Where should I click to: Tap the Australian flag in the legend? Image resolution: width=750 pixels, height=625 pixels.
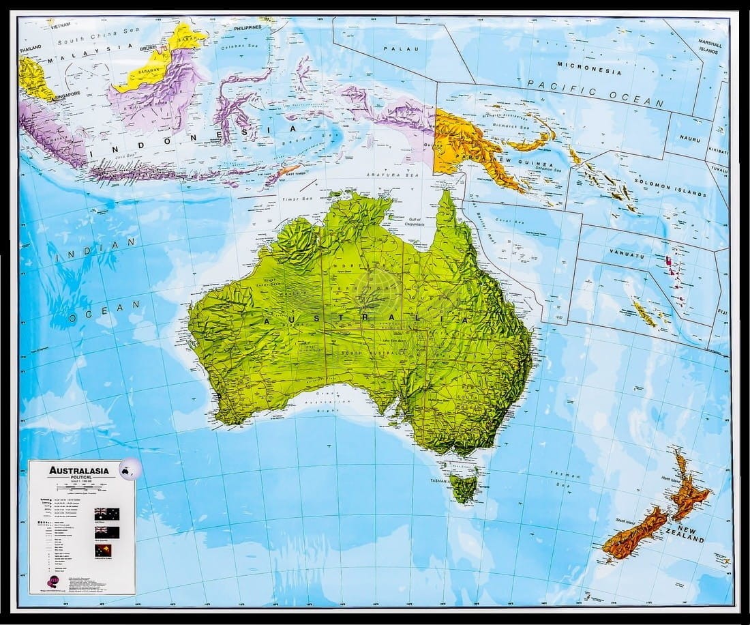click(x=107, y=514)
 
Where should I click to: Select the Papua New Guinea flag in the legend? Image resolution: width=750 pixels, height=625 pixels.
click(x=107, y=549)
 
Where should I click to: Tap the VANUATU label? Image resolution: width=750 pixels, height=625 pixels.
click(x=627, y=255)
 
